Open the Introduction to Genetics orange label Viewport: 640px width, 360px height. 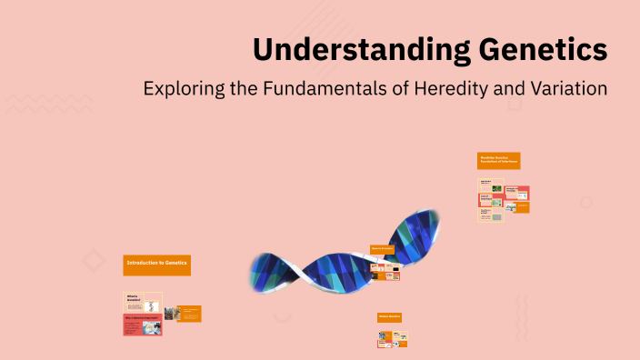click(x=156, y=264)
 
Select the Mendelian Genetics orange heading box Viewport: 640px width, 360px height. click(x=498, y=160)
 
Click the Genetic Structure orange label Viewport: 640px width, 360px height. click(x=382, y=248)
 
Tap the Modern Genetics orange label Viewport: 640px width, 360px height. click(x=389, y=316)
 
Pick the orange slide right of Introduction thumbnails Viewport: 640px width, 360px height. click(x=189, y=314)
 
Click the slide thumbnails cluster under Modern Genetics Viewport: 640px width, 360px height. click(x=392, y=338)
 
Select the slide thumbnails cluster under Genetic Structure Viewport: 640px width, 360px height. click(x=385, y=270)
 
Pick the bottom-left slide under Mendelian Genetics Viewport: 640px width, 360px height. click(x=491, y=215)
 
